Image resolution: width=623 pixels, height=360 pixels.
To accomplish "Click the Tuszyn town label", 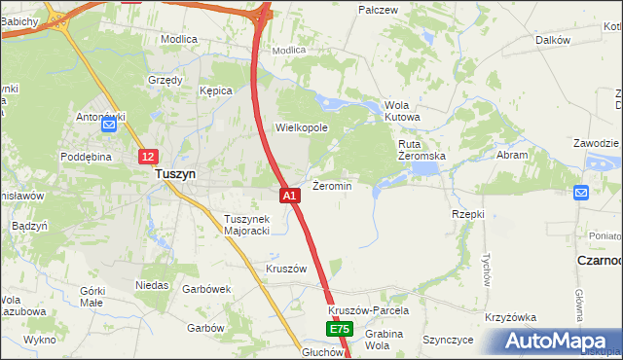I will coord(175,173).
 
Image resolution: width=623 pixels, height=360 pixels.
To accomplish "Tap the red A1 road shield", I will coord(290,196).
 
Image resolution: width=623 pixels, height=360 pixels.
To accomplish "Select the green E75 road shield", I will coord(338,331).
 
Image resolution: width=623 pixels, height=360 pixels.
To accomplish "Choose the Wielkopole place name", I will coord(302,127).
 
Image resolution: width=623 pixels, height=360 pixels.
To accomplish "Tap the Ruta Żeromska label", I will coord(421,149).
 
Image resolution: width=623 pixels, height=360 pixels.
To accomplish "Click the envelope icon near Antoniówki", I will coord(109,124).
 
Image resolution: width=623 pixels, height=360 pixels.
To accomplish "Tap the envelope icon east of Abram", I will coord(582,193).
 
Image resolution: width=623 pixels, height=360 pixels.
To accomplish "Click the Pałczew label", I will coord(379,9).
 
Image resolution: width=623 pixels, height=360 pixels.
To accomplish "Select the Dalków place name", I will coord(552,40).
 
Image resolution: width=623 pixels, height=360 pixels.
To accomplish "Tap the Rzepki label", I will coord(468,213).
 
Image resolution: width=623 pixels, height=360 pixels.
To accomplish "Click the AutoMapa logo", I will coord(558,342).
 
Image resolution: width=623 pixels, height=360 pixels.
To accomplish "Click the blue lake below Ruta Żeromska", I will coord(424,169).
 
